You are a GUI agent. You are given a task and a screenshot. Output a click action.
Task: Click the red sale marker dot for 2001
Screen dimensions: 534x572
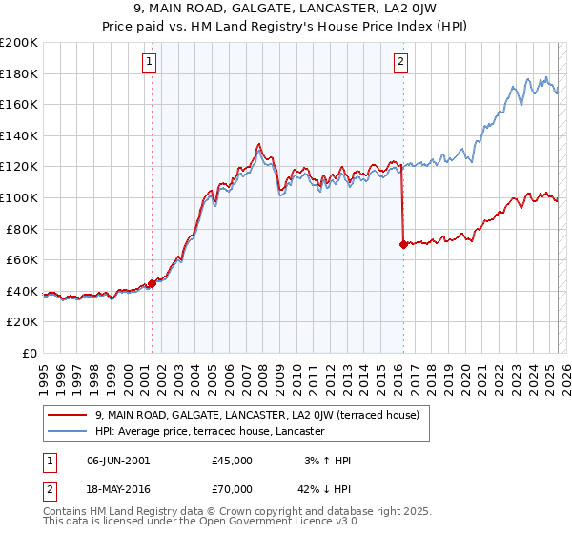coord(152,283)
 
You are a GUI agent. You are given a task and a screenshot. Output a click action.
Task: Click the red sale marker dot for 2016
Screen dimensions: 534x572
coord(403,244)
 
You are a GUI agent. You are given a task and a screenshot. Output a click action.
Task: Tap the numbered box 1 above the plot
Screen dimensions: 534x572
coord(150,63)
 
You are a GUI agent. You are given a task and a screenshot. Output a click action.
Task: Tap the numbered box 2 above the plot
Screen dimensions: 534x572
coord(400,63)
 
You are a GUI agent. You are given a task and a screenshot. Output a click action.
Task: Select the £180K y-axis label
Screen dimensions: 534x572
coord(20,73)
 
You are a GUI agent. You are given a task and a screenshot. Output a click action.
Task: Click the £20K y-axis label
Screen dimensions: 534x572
coord(23,322)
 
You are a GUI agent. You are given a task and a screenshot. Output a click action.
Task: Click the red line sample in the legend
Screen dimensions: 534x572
coord(67,415)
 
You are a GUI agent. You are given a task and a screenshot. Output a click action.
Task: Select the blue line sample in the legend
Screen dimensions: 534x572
coord(67,431)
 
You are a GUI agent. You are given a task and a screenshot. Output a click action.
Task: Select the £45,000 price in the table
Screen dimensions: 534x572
coord(233,461)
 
